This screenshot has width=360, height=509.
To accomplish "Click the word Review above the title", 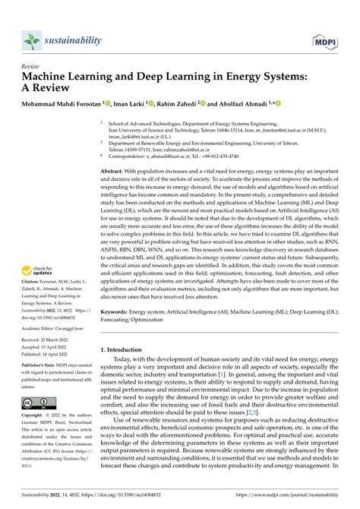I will (34, 66).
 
